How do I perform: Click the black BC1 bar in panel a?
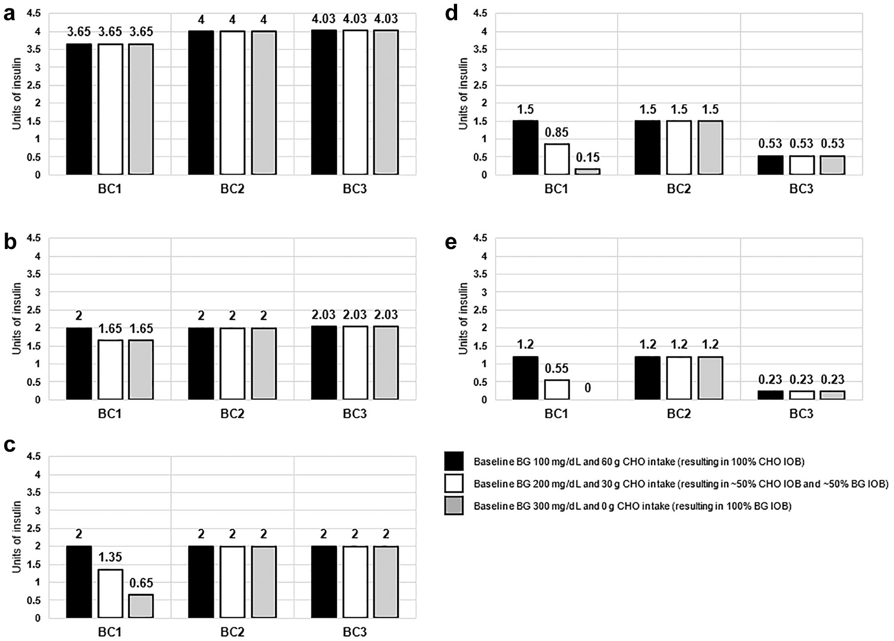click(79, 109)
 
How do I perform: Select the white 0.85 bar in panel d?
click(557, 159)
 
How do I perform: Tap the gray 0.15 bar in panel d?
click(588, 172)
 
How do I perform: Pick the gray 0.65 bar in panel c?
click(141, 606)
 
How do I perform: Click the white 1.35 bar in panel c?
click(110, 594)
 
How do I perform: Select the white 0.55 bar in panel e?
click(557, 390)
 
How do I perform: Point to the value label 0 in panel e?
click(588, 388)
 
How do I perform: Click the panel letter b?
click(10, 242)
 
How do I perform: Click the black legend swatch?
click(454, 461)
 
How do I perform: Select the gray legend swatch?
click(454, 506)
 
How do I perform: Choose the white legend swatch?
click(454, 483)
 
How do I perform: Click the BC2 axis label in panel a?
click(232, 189)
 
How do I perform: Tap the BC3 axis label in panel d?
click(802, 189)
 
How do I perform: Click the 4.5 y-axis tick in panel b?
click(34, 238)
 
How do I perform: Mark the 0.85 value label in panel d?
click(557, 133)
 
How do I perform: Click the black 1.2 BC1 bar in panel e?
click(526, 378)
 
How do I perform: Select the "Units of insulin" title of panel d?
click(463, 94)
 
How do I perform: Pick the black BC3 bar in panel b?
click(324, 363)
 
